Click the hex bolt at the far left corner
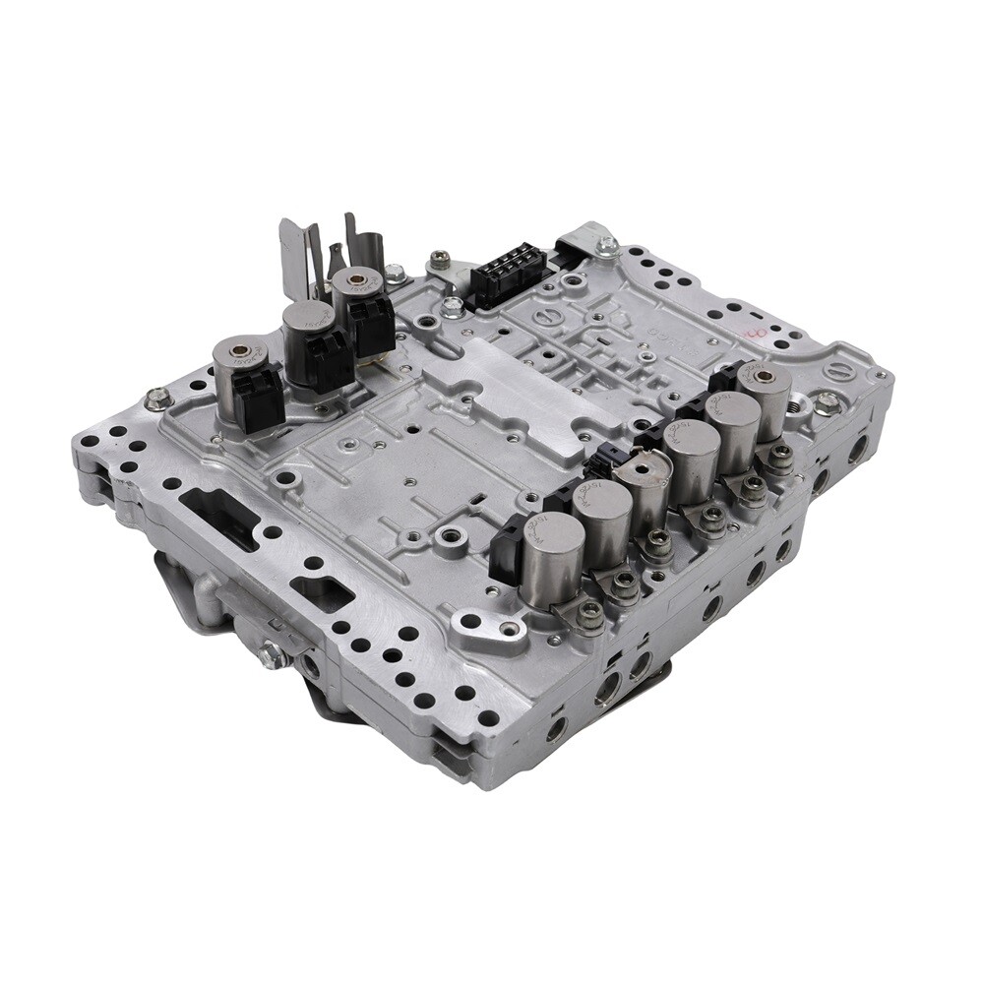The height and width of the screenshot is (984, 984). (155, 399)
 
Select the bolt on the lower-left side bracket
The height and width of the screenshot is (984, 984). (273, 654)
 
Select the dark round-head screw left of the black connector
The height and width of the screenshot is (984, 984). (438, 261)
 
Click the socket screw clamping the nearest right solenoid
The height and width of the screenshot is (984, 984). (590, 616)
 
